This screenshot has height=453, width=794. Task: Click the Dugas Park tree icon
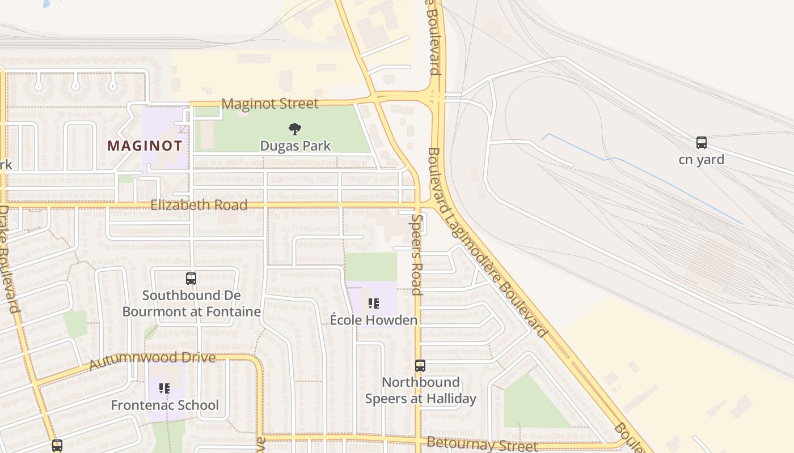(x=294, y=129)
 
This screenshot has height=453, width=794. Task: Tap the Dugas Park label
(x=295, y=146)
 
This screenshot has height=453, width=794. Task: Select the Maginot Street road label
(x=270, y=104)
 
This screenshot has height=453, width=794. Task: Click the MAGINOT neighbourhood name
(x=145, y=146)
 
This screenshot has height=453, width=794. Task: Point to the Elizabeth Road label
(x=198, y=205)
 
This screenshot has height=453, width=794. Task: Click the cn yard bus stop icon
(x=702, y=143)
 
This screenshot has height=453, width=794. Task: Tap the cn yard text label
(x=702, y=160)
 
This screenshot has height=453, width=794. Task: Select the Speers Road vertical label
(x=417, y=255)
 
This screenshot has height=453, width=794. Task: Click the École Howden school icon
(x=373, y=304)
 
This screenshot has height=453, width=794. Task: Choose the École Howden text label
(x=374, y=320)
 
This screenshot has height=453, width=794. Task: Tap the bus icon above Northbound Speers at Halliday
(x=420, y=366)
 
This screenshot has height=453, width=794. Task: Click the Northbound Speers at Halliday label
(x=420, y=391)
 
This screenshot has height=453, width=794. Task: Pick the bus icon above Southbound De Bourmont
(x=191, y=279)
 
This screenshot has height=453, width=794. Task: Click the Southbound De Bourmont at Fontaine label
(x=192, y=304)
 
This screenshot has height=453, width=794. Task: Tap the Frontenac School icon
(x=164, y=388)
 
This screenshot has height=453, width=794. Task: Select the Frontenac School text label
(x=164, y=405)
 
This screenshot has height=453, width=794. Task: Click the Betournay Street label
(x=482, y=444)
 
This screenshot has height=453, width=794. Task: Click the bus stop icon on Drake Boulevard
(x=57, y=446)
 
